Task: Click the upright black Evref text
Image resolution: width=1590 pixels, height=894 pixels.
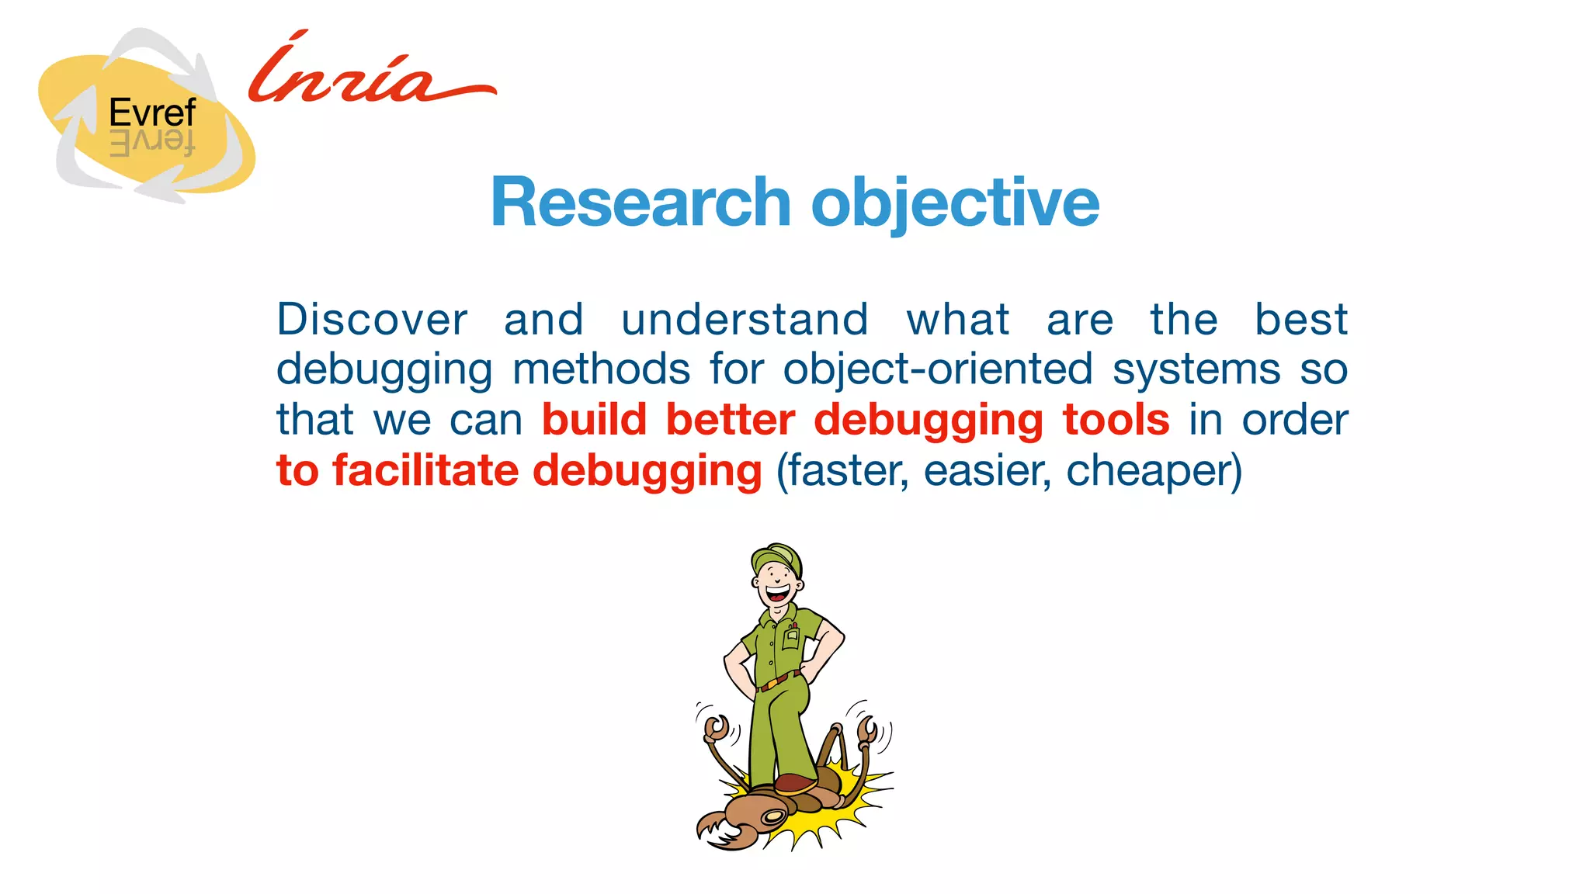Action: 152,113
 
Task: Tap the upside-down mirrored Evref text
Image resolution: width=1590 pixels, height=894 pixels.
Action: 152,144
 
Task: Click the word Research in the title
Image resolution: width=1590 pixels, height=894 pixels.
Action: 640,203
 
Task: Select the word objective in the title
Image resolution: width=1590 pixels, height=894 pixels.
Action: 955,203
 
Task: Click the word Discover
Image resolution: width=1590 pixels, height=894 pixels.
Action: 372,320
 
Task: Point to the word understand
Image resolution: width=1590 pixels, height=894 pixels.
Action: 745,320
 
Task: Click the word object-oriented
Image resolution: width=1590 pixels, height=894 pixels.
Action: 938,369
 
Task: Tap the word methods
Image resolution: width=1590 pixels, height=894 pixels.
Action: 601,369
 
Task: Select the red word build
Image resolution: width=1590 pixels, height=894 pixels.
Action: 594,420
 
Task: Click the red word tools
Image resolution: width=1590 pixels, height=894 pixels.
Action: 1116,420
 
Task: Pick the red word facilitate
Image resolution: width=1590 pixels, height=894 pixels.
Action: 425,470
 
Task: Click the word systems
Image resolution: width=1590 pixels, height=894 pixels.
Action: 1196,369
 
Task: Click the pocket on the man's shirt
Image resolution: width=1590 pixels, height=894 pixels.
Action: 790,638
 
